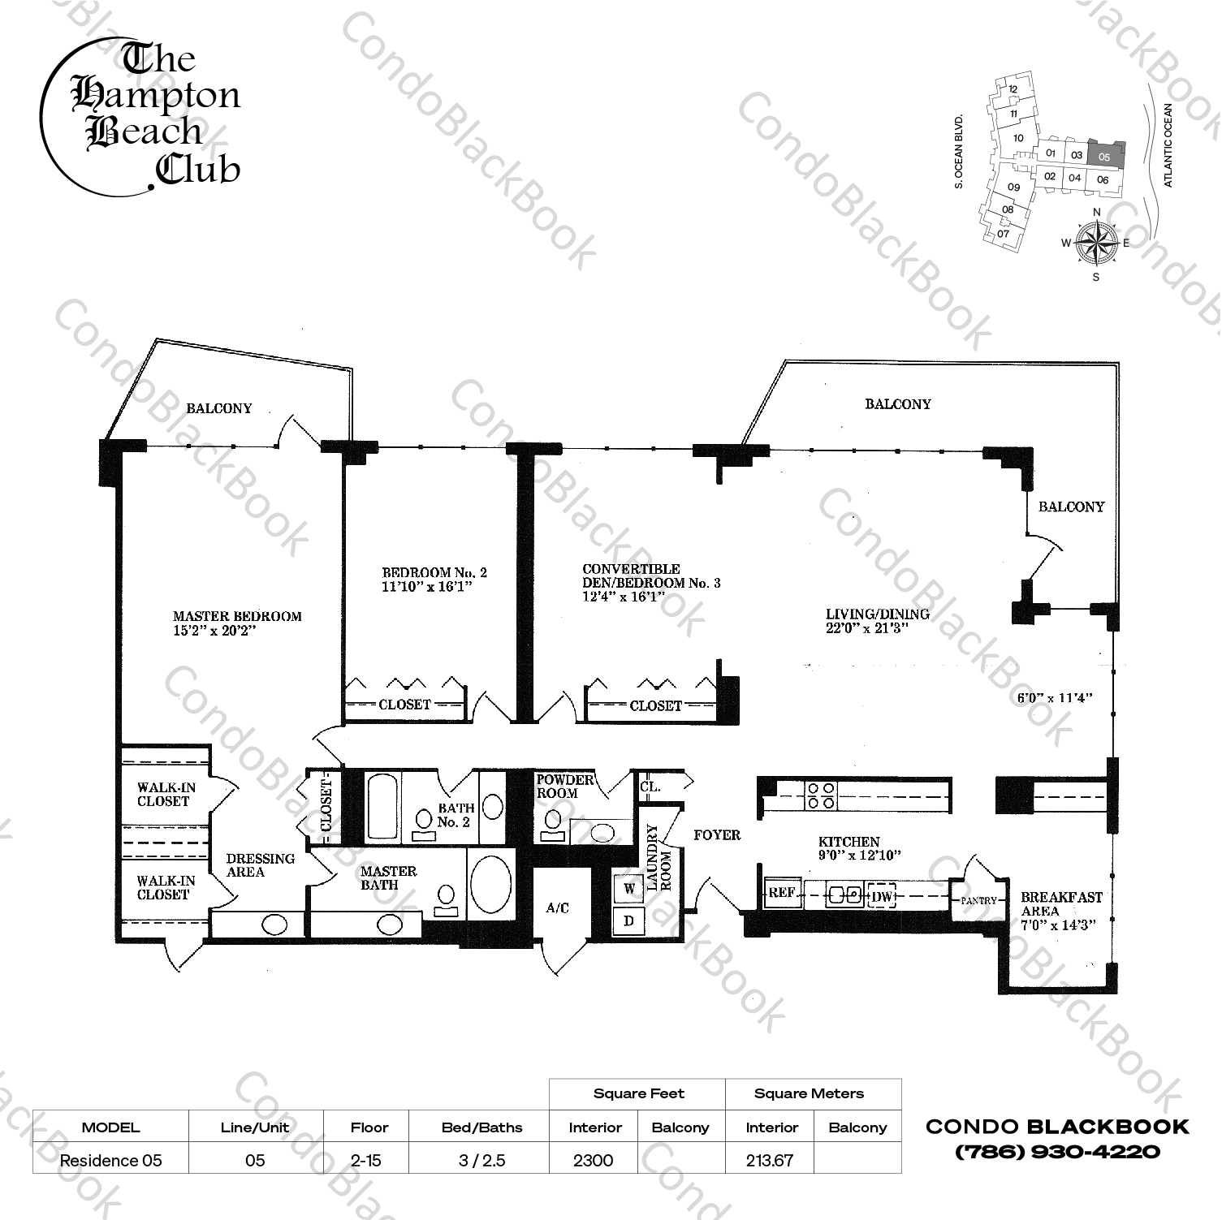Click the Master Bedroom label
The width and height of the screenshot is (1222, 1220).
tap(236, 616)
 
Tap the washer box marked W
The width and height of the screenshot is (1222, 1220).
tap(628, 888)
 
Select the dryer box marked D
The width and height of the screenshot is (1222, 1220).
tap(628, 920)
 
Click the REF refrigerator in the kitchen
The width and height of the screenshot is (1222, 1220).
tap(781, 893)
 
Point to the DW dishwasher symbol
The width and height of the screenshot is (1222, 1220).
tap(881, 896)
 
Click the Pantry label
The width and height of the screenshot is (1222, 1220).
tap(978, 901)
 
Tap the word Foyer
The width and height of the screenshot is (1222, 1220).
tap(717, 834)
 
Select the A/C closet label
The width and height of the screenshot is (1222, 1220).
tap(557, 908)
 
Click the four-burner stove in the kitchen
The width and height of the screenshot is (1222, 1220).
tap(820, 795)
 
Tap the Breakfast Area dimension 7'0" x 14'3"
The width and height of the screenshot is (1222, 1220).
tap(1063, 925)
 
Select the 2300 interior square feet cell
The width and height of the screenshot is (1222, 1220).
tap(594, 1160)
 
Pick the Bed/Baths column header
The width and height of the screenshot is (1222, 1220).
tap(481, 1127)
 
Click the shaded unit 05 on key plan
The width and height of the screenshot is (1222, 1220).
tap(1103, 155)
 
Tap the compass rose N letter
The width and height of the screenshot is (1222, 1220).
tap(1096, 213)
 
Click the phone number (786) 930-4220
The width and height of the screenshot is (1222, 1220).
tap(1057, 1151)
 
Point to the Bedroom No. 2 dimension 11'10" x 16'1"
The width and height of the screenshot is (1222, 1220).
tap(427, 586)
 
